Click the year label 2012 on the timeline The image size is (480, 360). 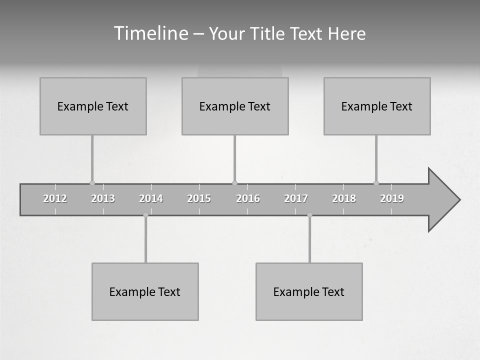pos(55,198)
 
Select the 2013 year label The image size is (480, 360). pos(103,198)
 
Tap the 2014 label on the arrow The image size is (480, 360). pos(151,198)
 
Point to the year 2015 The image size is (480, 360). pos(199,198)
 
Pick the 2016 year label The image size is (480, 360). pos(248,198)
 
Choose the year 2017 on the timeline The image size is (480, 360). pos(296,198)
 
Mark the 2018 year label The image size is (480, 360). pos(344,198)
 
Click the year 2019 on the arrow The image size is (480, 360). pos(392,198)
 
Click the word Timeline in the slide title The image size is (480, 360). pos(150,33)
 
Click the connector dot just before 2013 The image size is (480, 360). pos(92,183)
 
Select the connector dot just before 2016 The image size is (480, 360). pos(234,183)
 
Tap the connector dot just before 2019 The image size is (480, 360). pos(376,183)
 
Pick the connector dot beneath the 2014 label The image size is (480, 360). pos(145,215)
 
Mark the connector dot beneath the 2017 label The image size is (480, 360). pos(309,215)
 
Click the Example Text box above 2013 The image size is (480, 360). pos(93,106)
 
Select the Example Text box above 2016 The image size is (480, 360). pos(235,106)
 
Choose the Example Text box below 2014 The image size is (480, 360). pos(145,291)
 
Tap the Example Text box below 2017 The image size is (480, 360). pos(309,291)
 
